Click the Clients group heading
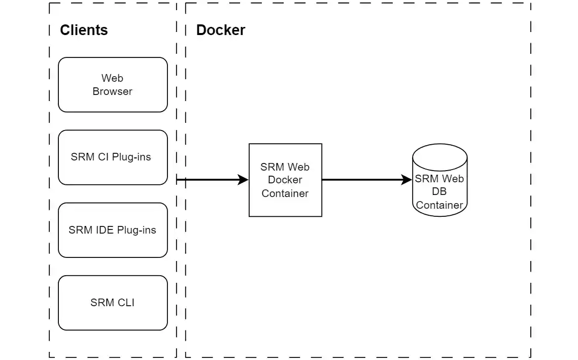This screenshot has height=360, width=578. [x=84, y=30]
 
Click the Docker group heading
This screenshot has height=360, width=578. [x=220, y=30]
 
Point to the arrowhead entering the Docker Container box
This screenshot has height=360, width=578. [x=243, y=180]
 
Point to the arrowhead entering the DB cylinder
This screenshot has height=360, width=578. [x=406, y=180]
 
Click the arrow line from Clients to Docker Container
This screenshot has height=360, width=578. [x=208, y=180]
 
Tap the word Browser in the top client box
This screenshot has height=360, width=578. [x=112, y=92]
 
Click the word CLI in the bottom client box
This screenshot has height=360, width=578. [x=126, y=303]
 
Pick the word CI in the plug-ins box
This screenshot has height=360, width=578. [x=103, y=157]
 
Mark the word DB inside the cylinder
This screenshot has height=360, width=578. [x=439, y=192]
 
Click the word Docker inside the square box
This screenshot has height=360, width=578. [x=285, y=180]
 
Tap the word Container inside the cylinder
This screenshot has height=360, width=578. [x=439, y=205]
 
